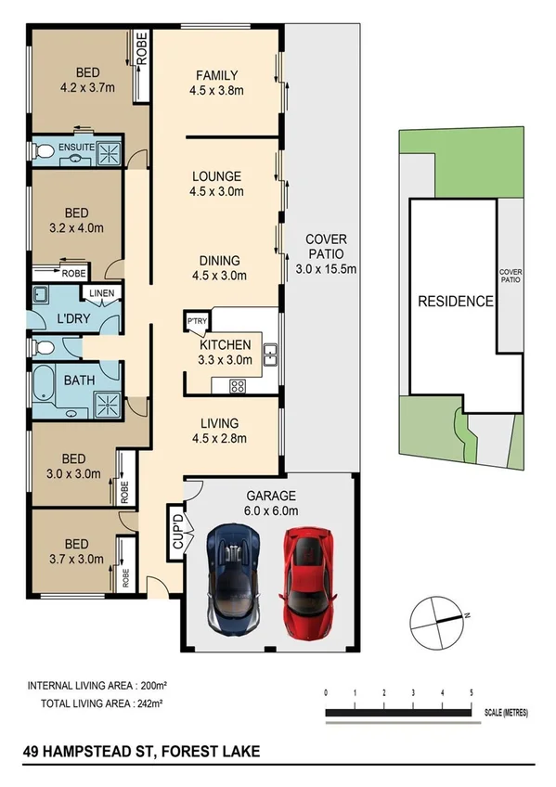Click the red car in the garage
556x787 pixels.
click(305, 582)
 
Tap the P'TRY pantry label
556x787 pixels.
click(197, 322)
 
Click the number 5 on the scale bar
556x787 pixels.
click(472, 693)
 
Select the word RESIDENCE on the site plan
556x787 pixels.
click(455, 302)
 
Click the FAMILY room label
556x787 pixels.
click(216, 75)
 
